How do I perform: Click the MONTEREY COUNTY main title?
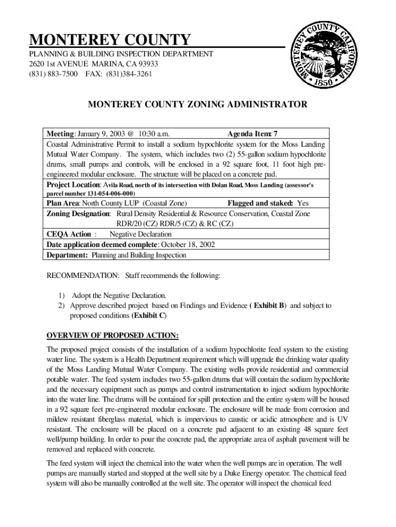coord(110,40)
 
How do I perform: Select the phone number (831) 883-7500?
coord(53,74)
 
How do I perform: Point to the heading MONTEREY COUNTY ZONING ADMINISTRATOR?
coord(197,104)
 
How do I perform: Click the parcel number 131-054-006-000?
coord(101,194)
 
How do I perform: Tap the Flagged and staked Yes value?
coord(303,203)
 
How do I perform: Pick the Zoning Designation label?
coord(79,214)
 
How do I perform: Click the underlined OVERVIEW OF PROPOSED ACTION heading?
coord(113,336)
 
